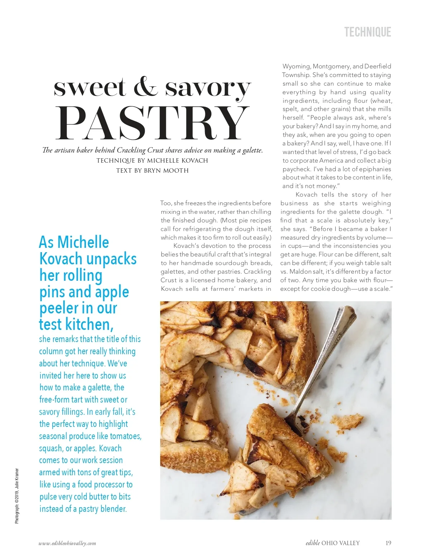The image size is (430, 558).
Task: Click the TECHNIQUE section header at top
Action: click(367, 32)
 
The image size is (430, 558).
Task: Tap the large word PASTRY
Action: click(153, 123)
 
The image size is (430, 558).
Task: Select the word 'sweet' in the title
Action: click(90, 87)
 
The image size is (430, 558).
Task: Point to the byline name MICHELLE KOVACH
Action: click(177, 160)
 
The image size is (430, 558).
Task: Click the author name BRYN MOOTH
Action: click(166, 170)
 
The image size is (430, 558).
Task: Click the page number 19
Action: click(388, 543)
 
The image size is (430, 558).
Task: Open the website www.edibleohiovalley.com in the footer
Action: click(67, 543)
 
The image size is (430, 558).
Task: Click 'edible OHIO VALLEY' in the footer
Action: click(333, 543)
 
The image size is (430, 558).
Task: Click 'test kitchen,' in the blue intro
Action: click(76, 324)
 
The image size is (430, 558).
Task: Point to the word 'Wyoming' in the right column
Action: click(296, 66)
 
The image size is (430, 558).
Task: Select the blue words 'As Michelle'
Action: click(74, 242)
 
